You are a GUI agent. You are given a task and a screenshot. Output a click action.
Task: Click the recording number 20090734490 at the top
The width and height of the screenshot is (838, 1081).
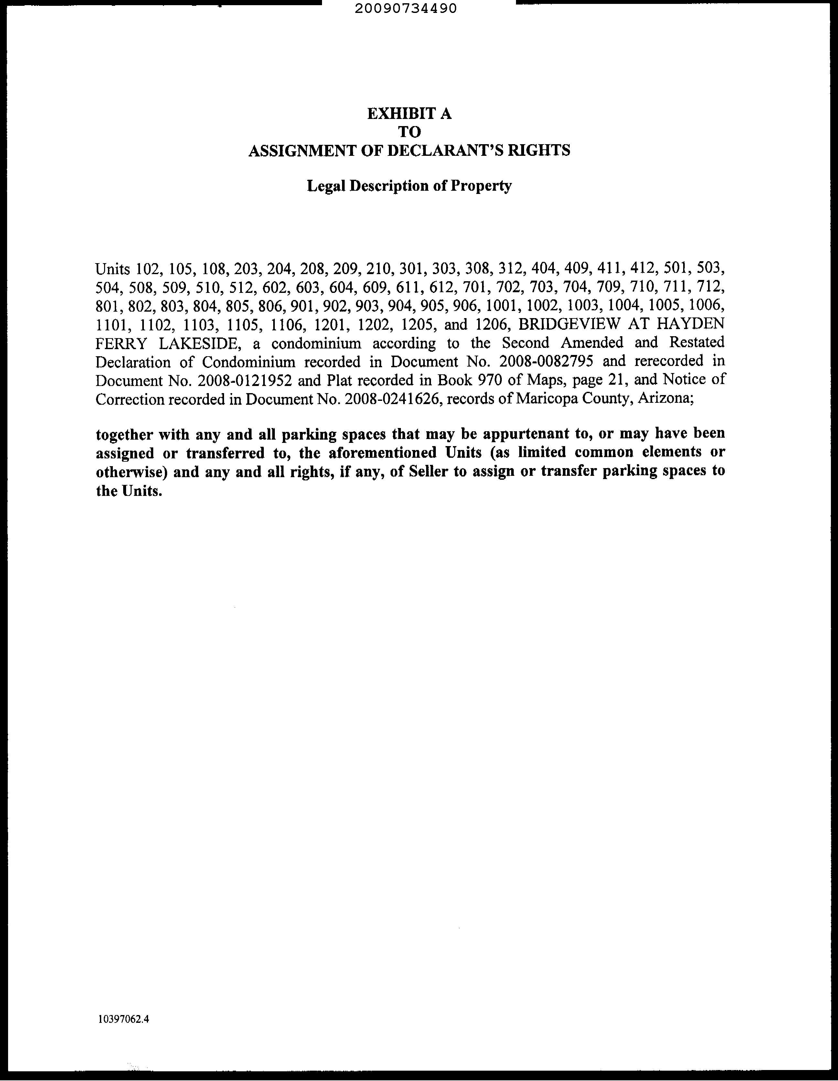(405, 8)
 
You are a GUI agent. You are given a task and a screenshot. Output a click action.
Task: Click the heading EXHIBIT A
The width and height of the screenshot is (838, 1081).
(409, 114)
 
